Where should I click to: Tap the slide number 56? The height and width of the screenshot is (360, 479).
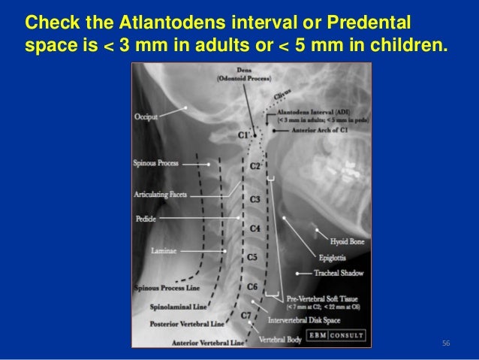(x=445, y=343)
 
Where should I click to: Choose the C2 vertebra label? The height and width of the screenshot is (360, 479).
(x=255, y=165)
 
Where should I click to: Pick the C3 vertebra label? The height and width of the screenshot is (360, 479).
(x=255, y=200)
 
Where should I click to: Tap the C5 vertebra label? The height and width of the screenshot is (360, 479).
(x=253, y=257)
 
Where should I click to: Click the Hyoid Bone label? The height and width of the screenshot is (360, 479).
(x=348, y=242)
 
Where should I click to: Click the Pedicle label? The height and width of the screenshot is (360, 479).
(x=145, y=219)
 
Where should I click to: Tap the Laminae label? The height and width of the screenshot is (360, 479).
(x=163, y=250)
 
